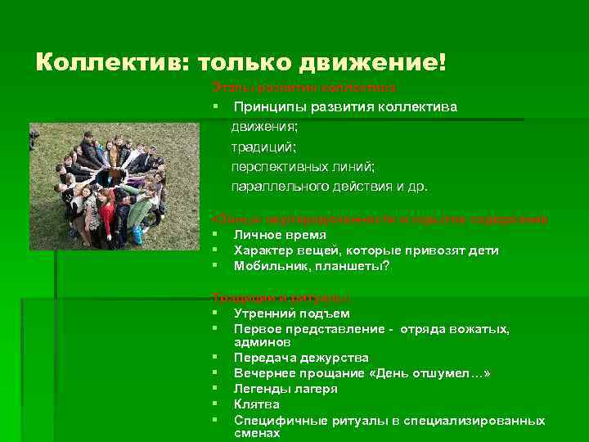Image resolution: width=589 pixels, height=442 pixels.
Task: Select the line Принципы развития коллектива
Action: tap(345, 107)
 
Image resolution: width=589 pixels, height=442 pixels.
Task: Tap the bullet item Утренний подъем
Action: tap(291, 313)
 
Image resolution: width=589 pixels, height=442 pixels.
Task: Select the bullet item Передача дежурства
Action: tap(301, 358)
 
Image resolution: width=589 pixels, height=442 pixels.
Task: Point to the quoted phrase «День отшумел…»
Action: tap(431, 373)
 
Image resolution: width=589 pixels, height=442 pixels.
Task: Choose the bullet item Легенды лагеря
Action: tap(286, 389)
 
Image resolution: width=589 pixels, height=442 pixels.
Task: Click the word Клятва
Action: tap(257, 404)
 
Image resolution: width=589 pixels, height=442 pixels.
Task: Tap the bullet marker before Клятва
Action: tap(213, 404)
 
